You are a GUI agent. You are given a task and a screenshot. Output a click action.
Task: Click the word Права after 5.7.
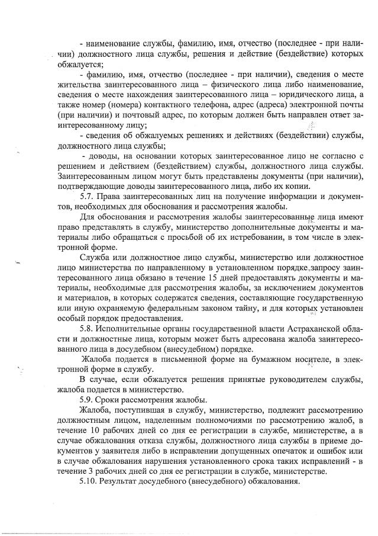[x=113, y=196]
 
